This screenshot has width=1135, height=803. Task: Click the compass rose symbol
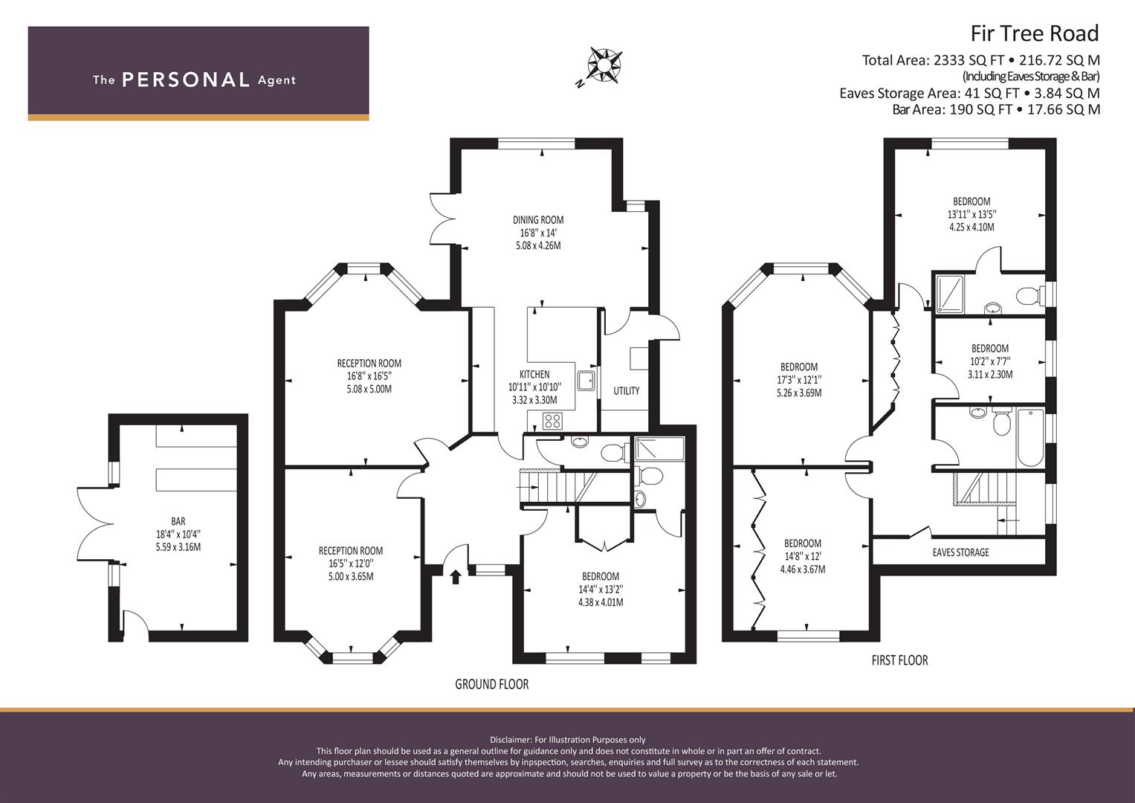pos(604,65)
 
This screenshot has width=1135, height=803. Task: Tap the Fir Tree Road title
pos(1035,33)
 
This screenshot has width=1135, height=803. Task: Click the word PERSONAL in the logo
pos(186,80)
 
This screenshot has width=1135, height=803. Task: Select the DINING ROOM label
pos(538,220)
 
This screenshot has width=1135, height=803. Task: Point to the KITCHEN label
pos(534,374)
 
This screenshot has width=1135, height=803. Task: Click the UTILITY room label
pos(627,391)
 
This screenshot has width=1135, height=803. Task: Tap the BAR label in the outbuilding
pos(178,521)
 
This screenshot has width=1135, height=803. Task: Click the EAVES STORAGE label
pos(960,552)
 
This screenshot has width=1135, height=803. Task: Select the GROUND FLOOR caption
pos(491,684)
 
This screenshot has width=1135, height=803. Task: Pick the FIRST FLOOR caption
pos(900,660)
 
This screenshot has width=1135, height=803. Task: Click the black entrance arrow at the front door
pos(456,577)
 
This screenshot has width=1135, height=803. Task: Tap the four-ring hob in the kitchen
pos(552,421)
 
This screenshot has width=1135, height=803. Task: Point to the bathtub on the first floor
pos(1030,438)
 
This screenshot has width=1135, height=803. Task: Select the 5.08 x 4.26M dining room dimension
pos(538,246)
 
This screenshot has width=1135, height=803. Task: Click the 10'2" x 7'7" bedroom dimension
pos(990,361)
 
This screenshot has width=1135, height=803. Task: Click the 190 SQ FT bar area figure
pos(980,109)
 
